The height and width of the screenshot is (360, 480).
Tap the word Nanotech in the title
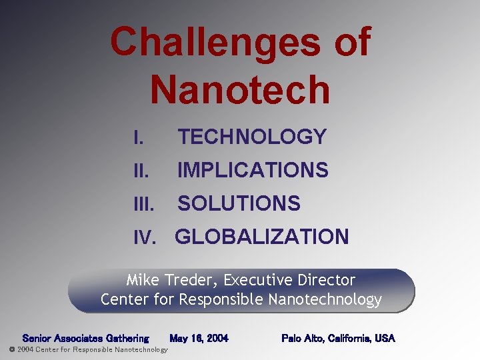[x=240, y=90]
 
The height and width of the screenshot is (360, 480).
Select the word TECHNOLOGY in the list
[x=251, y=137]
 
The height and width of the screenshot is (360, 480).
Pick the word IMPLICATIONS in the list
[x=253, y=171]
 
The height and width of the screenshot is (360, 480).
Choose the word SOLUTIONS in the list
[x=239, y=203]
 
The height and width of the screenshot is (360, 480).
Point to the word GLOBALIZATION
[x=261, y=237]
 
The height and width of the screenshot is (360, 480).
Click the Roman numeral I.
[x=137, y=138]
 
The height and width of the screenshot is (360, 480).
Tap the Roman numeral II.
[x=140, y=171]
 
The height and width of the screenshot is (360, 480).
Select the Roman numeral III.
[x=143, y=204]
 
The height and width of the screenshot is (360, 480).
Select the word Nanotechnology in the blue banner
[x=325, y=299]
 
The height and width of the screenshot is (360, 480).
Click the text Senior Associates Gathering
[x=85, y=339]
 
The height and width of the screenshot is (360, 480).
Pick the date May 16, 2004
[x=199, y=339]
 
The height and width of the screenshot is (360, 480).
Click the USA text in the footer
[x=385, y=339]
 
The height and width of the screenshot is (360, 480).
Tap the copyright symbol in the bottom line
[x=11, y=349]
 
